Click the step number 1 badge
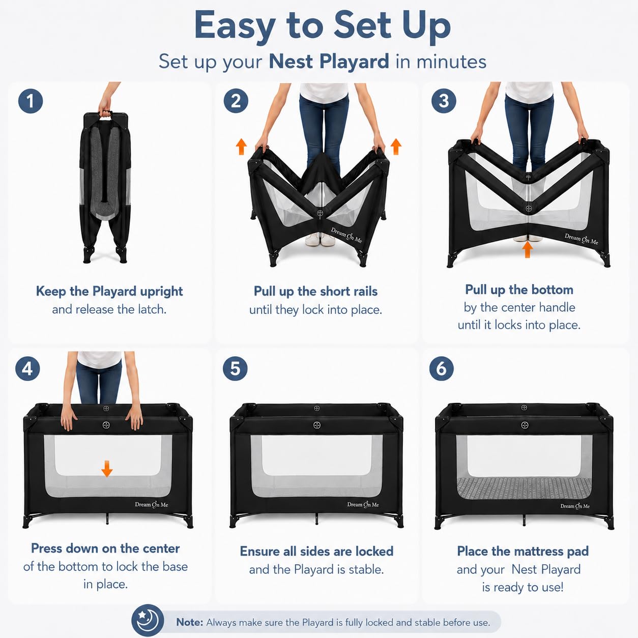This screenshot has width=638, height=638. (31, 101)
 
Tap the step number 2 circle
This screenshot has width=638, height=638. (236, 101)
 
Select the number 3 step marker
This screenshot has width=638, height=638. (444, 101)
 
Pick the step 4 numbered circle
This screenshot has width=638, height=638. (27, 368)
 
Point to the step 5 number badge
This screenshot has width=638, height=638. (235, 368)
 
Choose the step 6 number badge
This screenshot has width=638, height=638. (441, 368)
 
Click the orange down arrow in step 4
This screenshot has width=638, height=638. (107, 469)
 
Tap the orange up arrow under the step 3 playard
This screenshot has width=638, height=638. (528, 249)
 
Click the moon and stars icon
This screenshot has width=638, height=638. (148, 621)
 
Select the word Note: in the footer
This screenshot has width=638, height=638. (189, 622)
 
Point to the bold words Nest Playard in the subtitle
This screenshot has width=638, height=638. (329, 62)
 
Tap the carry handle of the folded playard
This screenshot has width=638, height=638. (105, 113)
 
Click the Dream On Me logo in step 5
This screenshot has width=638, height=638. (363, 505)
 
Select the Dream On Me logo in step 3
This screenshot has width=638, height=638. (582, 239)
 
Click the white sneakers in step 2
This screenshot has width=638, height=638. (320, 239)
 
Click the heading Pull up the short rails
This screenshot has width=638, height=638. (315, 292)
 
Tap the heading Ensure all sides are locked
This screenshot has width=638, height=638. (316, 552)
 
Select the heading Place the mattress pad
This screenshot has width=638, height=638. (523, 552)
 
